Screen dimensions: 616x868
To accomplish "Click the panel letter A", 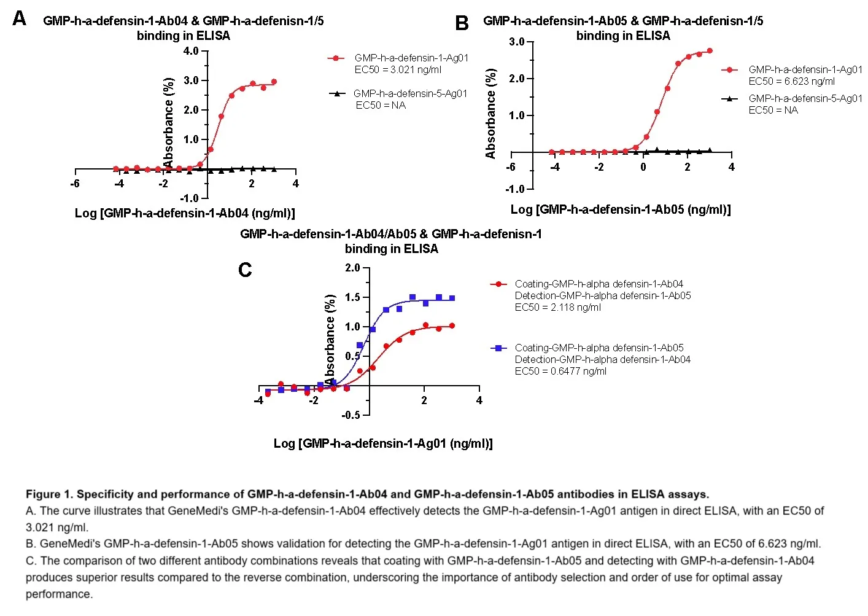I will click(20, 19).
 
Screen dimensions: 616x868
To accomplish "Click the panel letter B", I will click(462, 23).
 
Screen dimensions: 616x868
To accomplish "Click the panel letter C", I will click(245, 270).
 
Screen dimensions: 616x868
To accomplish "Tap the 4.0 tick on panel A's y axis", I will click(191, 51).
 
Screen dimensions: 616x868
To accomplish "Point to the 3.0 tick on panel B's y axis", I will click(517, 42).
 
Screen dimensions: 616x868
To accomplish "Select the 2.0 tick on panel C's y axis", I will click(352, 268).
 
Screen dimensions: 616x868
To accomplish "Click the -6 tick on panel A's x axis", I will click(75, 184).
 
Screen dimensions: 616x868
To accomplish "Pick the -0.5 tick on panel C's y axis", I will click(351, 415).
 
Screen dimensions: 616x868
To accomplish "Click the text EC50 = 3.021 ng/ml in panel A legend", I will click(398, 70).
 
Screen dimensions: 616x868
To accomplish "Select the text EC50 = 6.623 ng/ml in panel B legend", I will click(791, 82).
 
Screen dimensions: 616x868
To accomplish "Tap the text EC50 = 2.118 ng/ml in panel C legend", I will click(557, 308).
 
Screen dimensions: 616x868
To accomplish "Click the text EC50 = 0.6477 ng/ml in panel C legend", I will click(560, 372).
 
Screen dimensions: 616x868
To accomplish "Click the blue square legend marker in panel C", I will click(499, 348).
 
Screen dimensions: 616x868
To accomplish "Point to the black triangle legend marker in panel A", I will click(335, 94).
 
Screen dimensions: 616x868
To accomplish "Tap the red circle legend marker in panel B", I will click(729, 70).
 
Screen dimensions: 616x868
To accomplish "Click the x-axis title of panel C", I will click(383, 443).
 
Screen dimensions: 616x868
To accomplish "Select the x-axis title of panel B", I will click(621, 209).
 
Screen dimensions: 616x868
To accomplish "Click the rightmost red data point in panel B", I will click(710, 51).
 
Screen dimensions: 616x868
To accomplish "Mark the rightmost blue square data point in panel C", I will click(452, 298).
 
